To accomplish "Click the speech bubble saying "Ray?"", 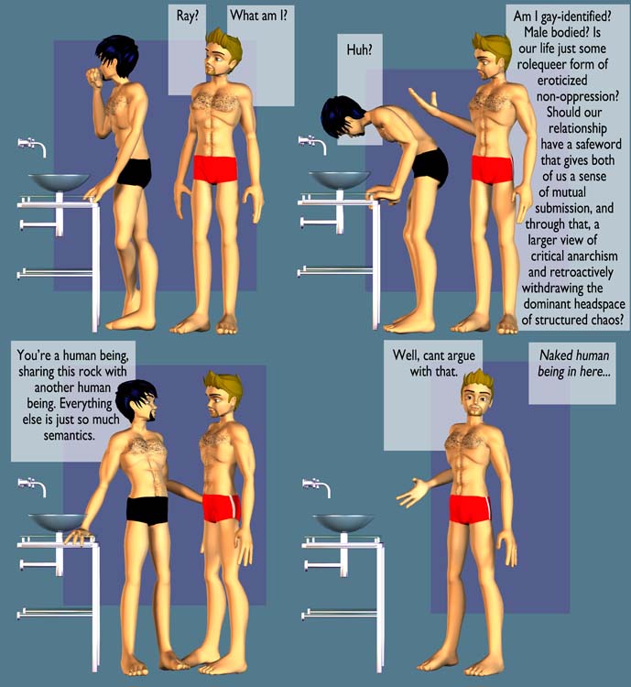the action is point(188,49).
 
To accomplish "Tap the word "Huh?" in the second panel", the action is point(359,50).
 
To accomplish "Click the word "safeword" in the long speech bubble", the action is point(598,144).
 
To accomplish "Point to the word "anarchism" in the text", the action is point(590,256).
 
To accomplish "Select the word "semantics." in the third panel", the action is point(70,435).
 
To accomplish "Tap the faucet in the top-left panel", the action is point(32,146).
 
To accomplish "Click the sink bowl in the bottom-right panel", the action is point(343,522).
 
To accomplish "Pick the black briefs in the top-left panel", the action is point(135,172).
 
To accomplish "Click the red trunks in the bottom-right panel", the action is point(470,509).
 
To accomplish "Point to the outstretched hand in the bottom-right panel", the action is point(413,493).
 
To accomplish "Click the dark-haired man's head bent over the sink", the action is point(343,117).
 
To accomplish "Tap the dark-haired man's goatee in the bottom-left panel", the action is point(151,414).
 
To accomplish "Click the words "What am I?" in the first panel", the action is point(259,16).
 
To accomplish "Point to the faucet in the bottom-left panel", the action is point(32,486).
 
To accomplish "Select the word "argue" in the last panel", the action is point(459,355).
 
